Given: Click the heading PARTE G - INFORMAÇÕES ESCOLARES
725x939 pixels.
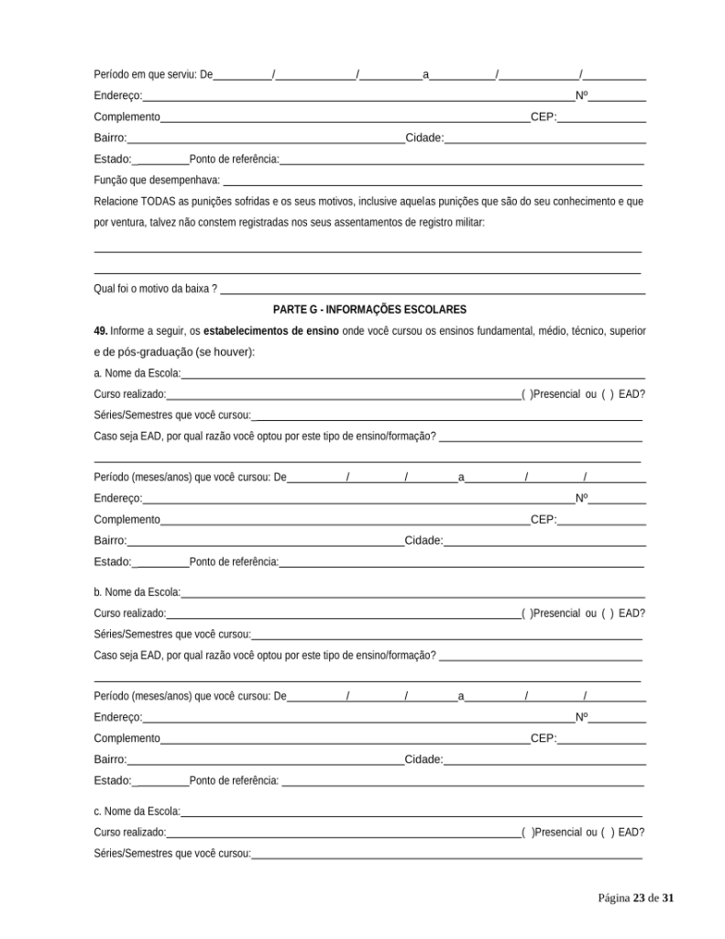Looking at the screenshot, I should [369, 310].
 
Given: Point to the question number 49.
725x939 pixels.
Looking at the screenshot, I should [101, 330].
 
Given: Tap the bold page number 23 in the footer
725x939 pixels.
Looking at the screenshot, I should [639, 898].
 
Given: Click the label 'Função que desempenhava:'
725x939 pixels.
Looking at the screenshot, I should [157, 180].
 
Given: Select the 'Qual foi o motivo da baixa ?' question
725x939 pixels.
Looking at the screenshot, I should [155, 289].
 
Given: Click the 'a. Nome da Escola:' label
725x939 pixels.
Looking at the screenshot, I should [137, 373].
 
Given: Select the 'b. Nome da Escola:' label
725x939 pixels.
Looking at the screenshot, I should [137, 592].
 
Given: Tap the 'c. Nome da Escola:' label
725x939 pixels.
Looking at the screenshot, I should [137, 812].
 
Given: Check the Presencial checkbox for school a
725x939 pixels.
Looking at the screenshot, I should [527, 394].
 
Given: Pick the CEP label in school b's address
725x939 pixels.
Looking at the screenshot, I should [543, 739].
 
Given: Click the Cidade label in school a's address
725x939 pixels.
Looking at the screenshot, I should [423, 541].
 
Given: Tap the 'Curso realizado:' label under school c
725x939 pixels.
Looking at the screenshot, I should [129, 833].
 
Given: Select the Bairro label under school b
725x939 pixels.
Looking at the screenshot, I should [110, 759].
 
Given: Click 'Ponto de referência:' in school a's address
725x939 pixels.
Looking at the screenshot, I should [234, 561].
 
